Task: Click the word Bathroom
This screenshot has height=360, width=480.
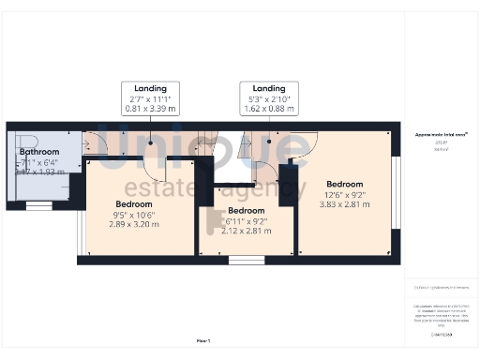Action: click(39, 152)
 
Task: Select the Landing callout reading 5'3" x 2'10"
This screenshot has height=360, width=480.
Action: click(269, 97)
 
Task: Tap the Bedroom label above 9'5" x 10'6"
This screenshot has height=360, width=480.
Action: click(134, 203)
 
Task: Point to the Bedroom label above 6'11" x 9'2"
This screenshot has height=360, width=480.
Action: click(240, 211)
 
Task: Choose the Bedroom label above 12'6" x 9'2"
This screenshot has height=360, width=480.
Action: click(344, 184)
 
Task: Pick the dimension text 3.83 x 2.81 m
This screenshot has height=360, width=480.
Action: click(344, 204)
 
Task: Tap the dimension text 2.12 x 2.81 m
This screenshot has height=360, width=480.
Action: click(240, 232)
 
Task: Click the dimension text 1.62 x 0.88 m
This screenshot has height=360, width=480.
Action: click(269, 108)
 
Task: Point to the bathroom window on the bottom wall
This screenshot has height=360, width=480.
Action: click(38, 204)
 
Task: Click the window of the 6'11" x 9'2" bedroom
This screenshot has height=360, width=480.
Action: click(241, 260)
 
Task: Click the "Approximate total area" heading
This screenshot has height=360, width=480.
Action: click(442, 135)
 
